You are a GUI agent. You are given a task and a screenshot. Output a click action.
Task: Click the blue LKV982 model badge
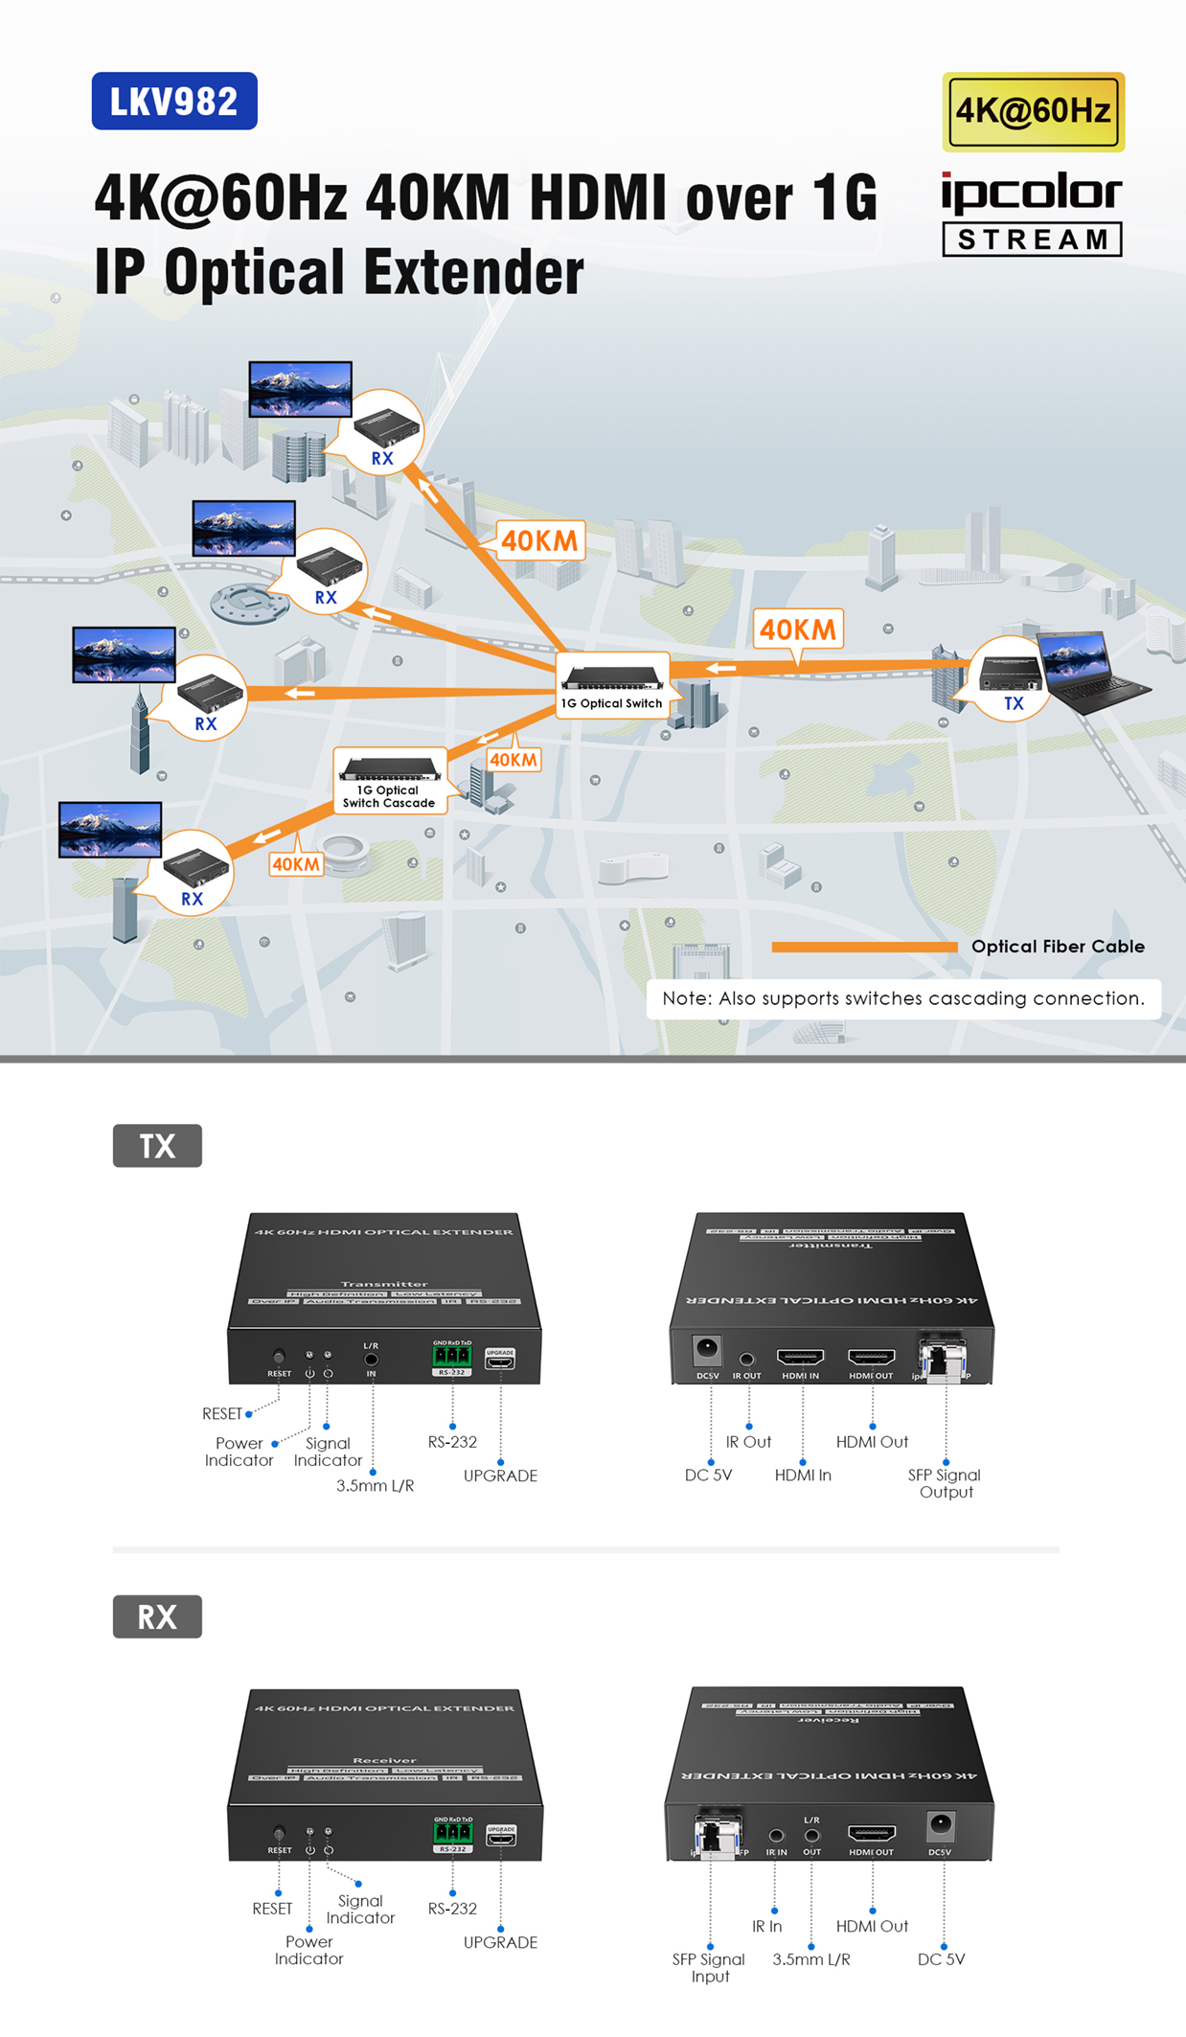point(174,101)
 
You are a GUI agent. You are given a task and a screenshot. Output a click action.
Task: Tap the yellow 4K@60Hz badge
point(1033,111)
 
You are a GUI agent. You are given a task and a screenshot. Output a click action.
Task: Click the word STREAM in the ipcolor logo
point(1032,240)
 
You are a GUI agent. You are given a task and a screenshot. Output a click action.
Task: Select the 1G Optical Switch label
point(611,703)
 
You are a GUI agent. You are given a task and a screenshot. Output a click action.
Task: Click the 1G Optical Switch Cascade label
point(389,796)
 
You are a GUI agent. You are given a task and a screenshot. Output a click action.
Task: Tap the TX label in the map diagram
point(1013,703)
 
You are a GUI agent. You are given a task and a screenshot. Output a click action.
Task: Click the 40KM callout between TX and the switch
point(798,629)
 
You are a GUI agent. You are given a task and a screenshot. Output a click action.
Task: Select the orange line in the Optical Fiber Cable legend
point(863,947)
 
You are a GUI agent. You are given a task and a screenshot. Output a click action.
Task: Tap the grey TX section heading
point(157,1146)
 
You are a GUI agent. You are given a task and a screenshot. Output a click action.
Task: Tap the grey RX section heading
point(157,1616)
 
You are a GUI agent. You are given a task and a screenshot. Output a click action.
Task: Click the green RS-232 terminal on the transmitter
point(451,1356)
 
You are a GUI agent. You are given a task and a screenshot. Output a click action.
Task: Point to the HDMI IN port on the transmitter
point(800,1357)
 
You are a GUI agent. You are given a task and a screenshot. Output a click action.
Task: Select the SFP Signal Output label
point(945,1483)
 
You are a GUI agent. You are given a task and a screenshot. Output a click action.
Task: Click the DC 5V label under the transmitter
point(708,1476)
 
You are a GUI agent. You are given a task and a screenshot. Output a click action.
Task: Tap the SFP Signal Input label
point(709,1967)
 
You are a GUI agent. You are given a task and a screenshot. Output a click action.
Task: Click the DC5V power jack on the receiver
point(940,1825)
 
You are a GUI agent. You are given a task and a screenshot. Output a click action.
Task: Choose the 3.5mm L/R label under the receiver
point(810,1959)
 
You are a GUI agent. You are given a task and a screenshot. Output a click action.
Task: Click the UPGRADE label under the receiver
point(500,1942)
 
